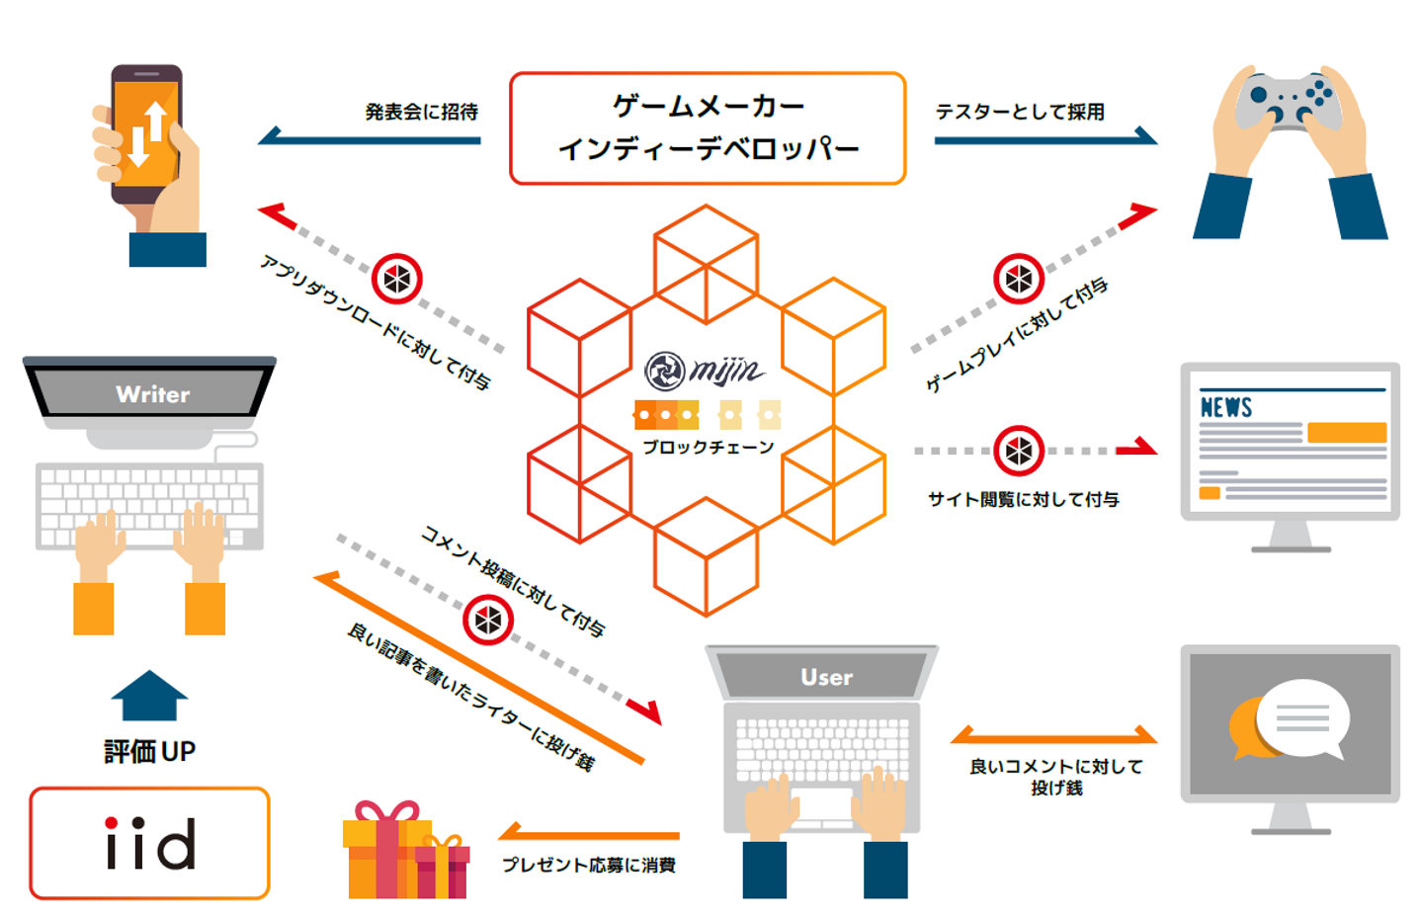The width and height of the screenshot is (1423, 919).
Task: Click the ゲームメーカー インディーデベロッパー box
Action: [x=708, y=128]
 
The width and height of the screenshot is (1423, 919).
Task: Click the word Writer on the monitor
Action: [x=152, y=394]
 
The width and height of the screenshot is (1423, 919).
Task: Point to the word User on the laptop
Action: [x=826, y=677]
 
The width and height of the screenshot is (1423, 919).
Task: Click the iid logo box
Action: [x=149, y=843]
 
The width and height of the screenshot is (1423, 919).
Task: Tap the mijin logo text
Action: [x=726, y=371]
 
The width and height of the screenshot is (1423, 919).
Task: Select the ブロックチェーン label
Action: [x=708, y=447]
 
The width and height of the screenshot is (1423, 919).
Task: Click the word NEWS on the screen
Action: [x=1225, y=407]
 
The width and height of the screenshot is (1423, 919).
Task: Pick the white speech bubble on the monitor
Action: [x=1302, y=717]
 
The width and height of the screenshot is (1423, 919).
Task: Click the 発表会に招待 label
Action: [x=421, y=112]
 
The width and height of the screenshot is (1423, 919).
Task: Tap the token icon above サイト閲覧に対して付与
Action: [x=1018, y=451]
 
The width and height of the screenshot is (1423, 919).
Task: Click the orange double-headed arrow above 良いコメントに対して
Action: [x=1053, y=736]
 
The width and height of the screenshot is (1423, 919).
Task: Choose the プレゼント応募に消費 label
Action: [x=588, y=865]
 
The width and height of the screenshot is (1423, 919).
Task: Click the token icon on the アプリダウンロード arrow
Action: [x=397, y=280]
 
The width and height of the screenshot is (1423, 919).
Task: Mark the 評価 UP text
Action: [x=149, y=751]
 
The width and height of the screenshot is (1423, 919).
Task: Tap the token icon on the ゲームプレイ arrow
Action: [x=1018, y=280]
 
